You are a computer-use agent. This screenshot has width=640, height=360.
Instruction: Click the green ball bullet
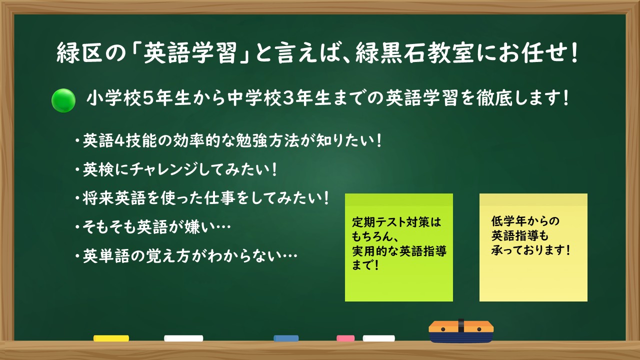[x=63, y=100]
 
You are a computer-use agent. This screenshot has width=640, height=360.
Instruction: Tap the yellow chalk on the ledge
[x=111, y=338]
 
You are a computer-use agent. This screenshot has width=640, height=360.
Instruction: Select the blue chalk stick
[x=286, y=338]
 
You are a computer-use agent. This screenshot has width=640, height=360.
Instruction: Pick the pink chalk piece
[x=345, y=338]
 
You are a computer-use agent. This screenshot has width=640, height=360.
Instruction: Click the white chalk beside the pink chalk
[x=379, y=338]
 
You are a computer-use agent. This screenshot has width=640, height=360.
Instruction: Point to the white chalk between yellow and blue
[x=183, y=338]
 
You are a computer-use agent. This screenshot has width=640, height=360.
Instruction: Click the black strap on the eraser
[x=461, y=325]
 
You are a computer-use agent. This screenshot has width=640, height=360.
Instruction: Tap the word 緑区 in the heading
[x=79, y=53]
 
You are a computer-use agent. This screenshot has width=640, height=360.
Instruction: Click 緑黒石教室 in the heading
[x=415, y=53]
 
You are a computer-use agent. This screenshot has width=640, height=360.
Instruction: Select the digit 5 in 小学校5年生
[x=147, y=98]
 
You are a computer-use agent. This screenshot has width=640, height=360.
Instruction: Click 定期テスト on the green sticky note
[x=378, y=222]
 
